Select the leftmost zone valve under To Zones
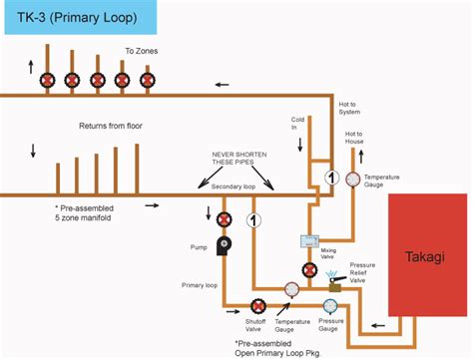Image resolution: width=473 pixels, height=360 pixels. pos(46,80)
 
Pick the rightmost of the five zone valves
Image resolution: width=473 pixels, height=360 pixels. pos(147,80)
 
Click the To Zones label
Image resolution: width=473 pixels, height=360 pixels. pos(141,50)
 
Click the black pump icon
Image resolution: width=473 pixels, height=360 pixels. pos(226,242)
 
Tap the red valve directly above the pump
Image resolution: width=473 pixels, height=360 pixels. pos(226,218)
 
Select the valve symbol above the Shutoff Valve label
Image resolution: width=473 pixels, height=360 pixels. pos(258,306)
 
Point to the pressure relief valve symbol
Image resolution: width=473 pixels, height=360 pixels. pos(333,280)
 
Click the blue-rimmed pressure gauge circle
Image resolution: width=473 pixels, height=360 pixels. pos(330,306)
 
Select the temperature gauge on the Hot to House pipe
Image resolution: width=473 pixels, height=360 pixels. pos(352,180)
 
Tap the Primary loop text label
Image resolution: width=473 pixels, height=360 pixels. pos(200,285)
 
